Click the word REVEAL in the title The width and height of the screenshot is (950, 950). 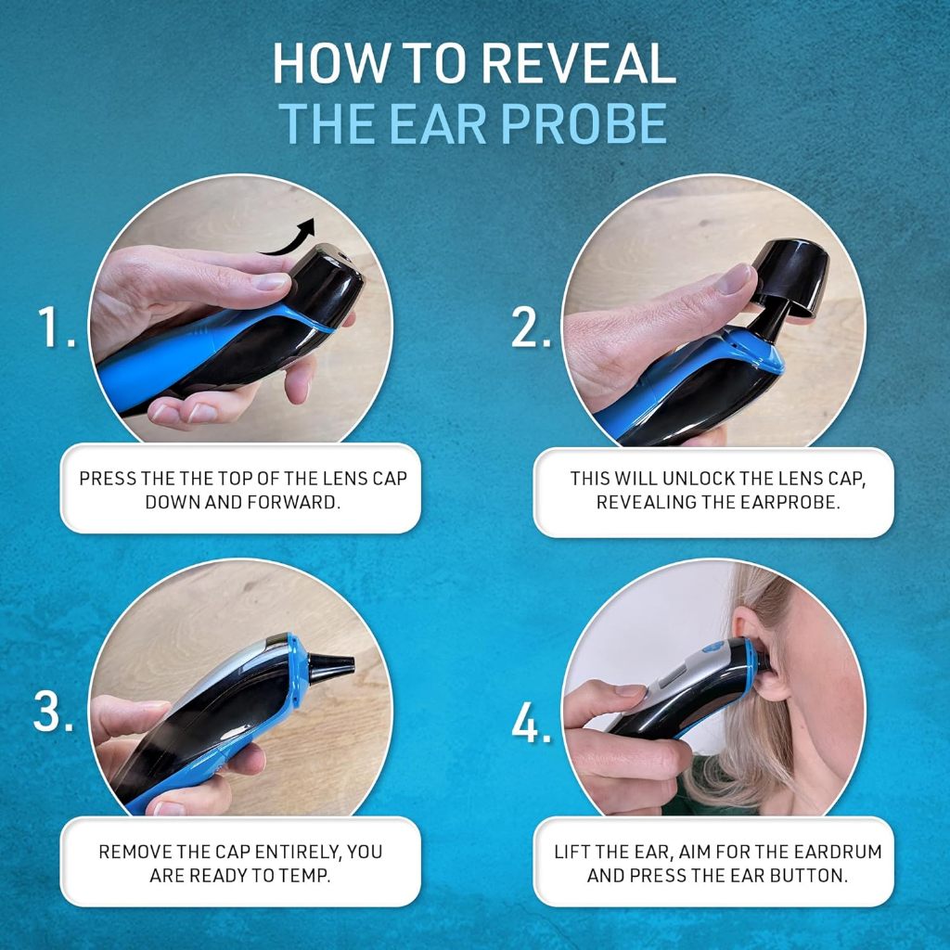579,64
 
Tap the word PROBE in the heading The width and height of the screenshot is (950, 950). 584,123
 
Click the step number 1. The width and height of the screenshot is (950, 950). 57,327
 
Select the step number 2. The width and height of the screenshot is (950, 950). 532,327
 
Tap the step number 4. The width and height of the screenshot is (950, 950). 532,722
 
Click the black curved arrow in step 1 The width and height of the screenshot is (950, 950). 289,238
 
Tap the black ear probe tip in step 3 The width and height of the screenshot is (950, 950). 331,664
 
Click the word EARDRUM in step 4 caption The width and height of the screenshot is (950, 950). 838,852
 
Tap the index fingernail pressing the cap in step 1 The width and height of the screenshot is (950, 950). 271,281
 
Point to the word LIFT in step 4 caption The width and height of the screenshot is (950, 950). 571,852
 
